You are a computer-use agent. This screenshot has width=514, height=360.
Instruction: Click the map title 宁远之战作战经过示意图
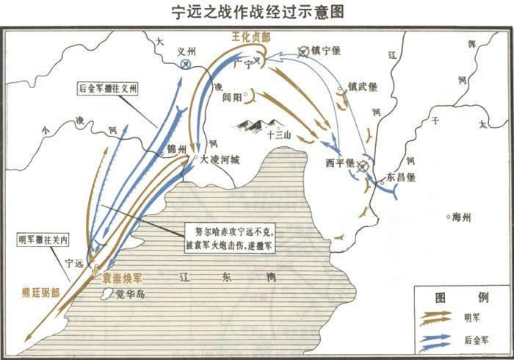(x=257, y=12)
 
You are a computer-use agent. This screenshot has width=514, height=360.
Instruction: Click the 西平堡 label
(x=341, y=162)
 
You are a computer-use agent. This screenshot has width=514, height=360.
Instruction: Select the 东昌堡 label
(x=402, y=177)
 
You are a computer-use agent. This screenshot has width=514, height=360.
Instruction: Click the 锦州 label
(x=177, y=148)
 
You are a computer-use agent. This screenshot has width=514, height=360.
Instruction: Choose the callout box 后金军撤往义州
(x=108, y=89)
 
